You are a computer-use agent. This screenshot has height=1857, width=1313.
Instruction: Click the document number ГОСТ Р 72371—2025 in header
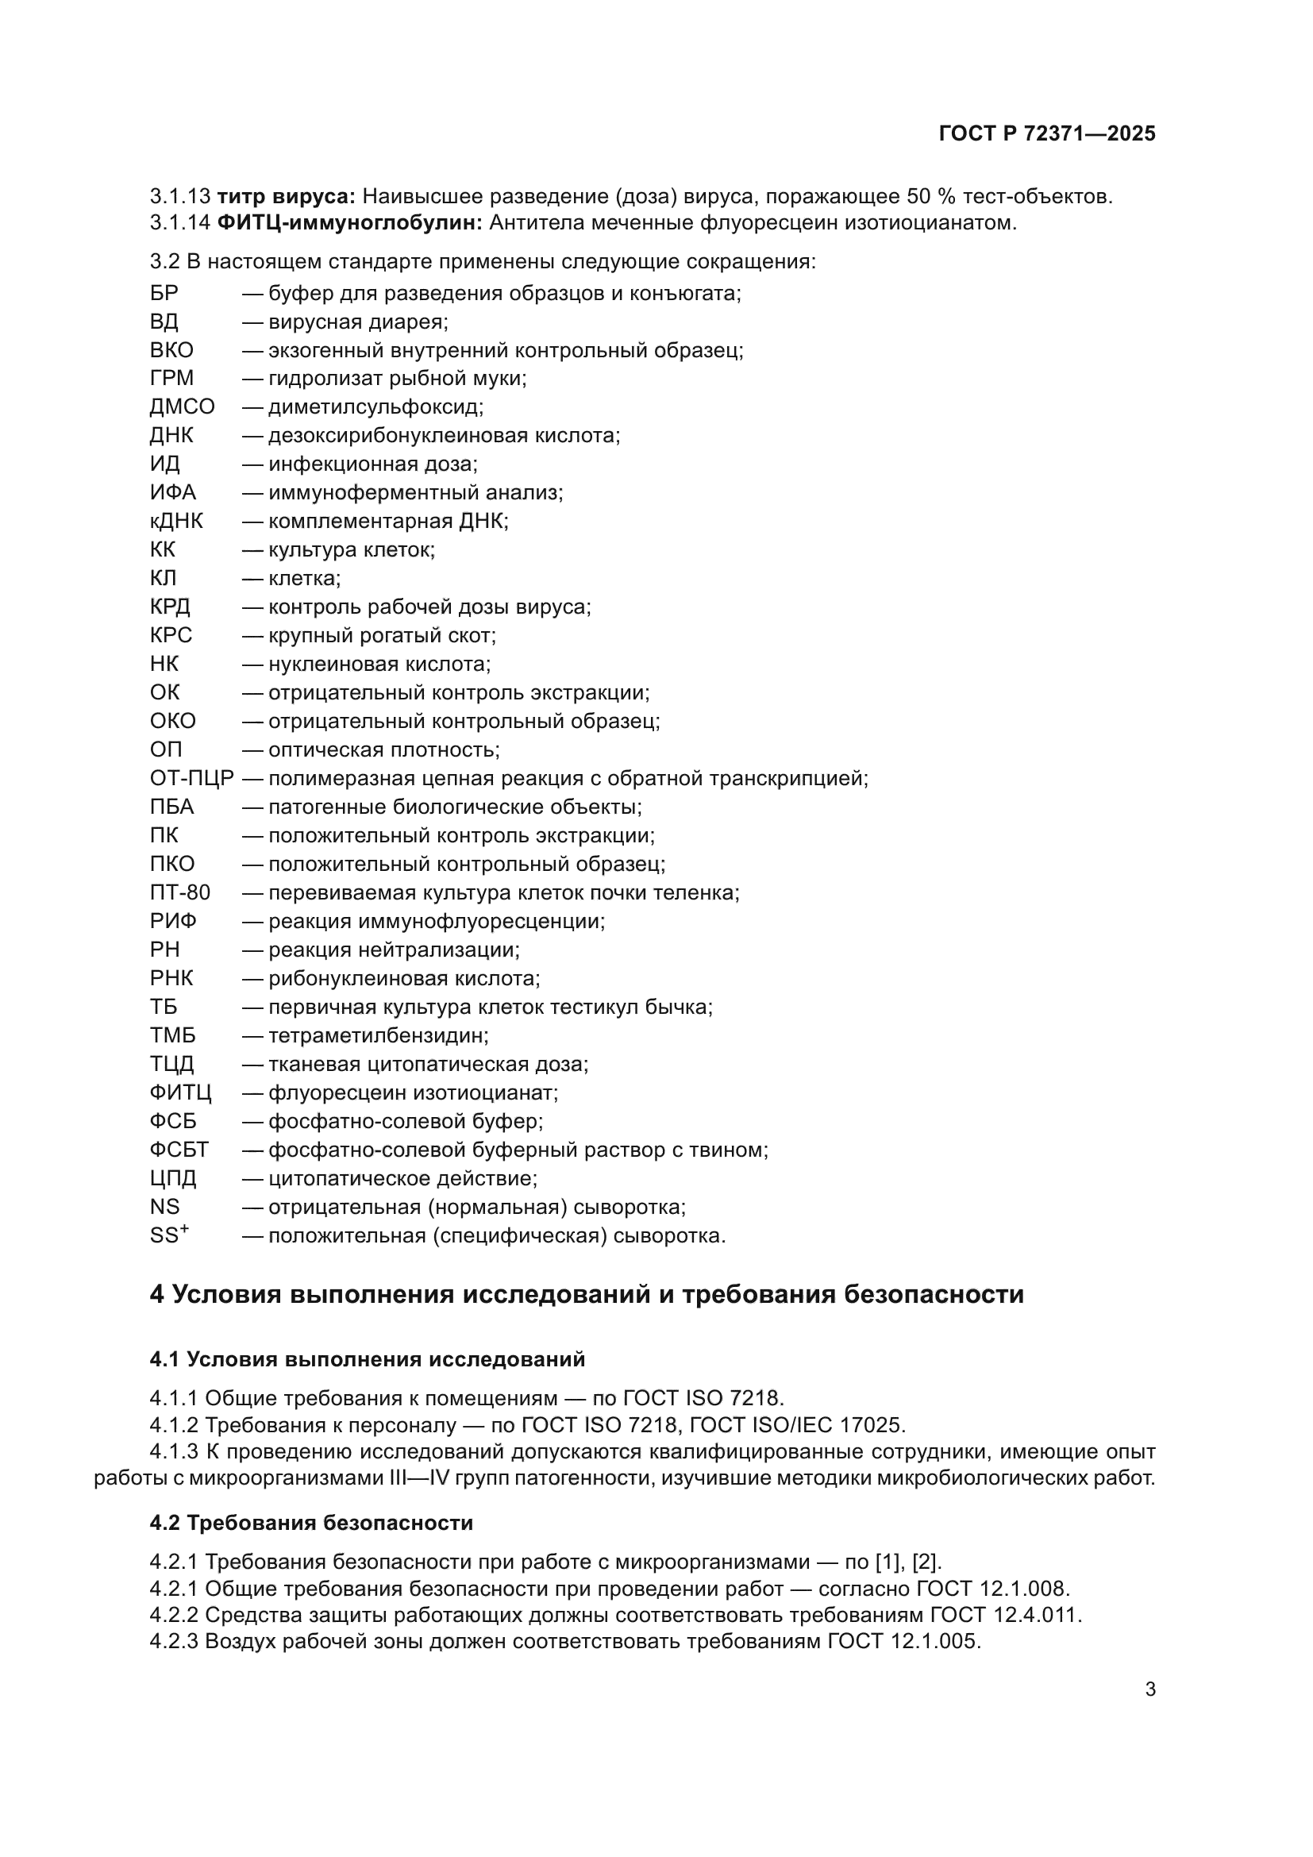1047,133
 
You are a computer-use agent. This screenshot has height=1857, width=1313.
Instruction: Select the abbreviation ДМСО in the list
182,406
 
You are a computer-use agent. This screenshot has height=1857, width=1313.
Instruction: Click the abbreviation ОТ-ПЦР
191,778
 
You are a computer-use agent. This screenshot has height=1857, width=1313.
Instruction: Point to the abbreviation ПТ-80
179,892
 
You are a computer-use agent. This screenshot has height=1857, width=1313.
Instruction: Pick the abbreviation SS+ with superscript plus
169,1235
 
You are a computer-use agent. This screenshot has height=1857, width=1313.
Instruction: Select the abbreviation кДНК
176,521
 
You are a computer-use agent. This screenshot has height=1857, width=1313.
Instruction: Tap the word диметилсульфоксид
375,406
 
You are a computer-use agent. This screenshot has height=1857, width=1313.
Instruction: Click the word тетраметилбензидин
378,1035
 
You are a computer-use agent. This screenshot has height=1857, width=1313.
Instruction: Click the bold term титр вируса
287,196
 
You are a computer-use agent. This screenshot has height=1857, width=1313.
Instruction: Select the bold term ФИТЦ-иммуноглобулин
349,222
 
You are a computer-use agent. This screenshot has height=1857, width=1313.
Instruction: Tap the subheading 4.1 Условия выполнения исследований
367,1358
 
